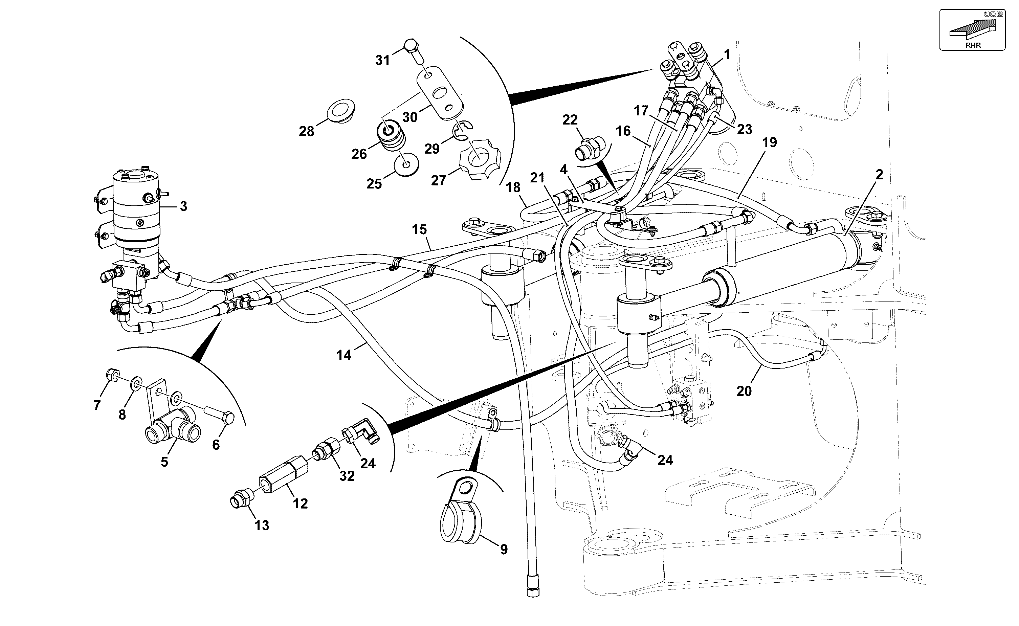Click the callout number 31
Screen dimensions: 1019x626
click(383, 61)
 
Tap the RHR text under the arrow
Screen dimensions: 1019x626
click(973, 46)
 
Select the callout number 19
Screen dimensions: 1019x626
click(769, 143)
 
